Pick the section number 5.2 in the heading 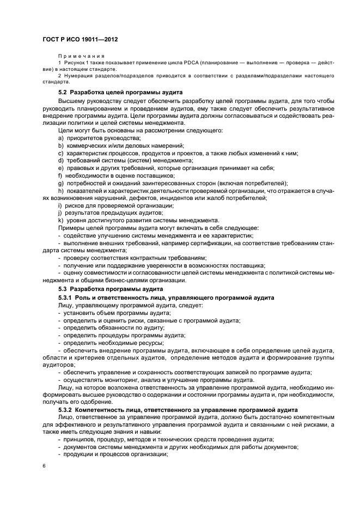click(63, 92)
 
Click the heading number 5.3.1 click(65, 297)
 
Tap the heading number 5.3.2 click(65, 409)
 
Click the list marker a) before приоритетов click(60, 138)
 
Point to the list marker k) click(60, 220)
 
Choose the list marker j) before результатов click(60, 212)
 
